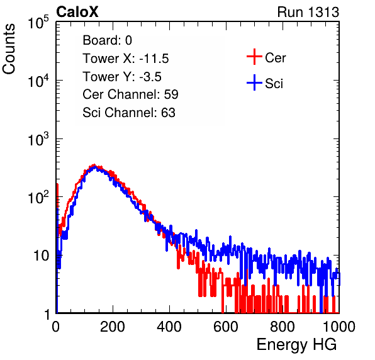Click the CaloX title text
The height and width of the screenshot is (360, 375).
coord(77,12)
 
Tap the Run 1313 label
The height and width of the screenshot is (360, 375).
coord(308,12)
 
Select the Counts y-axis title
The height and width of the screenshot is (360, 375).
coord(9,49)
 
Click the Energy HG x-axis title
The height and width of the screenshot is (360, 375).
coord(296,345)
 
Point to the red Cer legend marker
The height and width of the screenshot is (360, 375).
coord(254,57)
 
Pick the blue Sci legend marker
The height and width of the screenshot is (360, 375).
coord(254,82)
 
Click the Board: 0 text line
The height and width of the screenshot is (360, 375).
coord(107,40)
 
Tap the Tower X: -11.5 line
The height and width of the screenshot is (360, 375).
coord(126,59)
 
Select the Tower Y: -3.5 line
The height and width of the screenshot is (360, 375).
coord(122,77)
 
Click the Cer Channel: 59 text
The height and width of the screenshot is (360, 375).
coord(130,94)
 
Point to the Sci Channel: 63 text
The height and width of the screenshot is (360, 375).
coord(129,113)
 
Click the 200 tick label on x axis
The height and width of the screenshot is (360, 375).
coord(113,327)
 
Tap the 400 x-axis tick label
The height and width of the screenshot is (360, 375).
coord(169,327)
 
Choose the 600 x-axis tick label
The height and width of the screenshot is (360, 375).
coord(226,327)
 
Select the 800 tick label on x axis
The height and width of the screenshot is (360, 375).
coord(283,327)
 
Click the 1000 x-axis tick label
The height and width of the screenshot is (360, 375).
coord(339,327)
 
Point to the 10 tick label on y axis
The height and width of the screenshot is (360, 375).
coord(42,256)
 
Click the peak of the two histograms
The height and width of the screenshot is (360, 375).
coord(94,166)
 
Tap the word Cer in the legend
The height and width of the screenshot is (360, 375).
coord(275,58)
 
